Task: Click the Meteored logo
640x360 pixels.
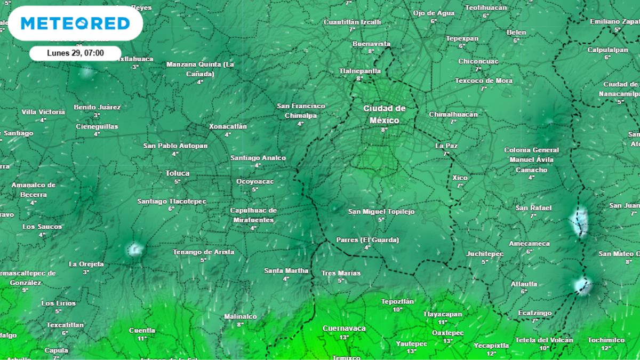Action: [75, 23]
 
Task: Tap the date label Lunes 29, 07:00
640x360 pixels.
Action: [75, 53]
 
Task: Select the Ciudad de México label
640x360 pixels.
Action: [384, 114]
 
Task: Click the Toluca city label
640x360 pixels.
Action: [178, 173]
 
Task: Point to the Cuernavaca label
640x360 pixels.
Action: [344, 329]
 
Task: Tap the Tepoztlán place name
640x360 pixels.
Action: [397, 301]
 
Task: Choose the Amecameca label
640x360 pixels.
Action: [529, 244]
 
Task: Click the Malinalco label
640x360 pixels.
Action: [241, 316]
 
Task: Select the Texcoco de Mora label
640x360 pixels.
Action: [484, 81]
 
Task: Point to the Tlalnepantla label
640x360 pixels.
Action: [360, 70]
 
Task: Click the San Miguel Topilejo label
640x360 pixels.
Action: [381, 212]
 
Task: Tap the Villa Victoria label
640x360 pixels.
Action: [43, 112]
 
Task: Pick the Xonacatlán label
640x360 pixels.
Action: [228, 126]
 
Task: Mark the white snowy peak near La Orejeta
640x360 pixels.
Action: [134, 249]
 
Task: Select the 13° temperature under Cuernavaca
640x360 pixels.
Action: [344, 337]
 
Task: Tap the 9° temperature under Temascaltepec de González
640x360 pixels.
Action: [25, 290]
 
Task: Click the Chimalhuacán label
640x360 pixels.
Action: [453, 114]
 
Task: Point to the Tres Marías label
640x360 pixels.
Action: [341, 273]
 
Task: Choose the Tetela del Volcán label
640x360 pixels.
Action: [544, 340]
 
